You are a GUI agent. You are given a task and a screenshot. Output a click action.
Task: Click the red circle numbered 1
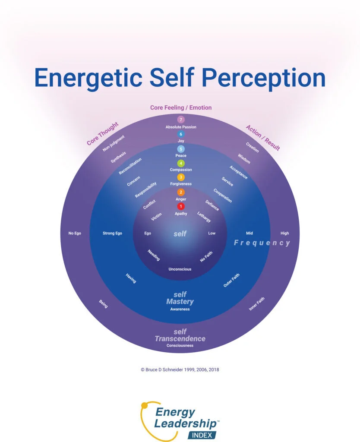[x=180, y=206]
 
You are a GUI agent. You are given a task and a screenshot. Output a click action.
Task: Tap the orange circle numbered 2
[x=180, y=192]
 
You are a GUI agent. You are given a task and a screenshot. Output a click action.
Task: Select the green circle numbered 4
[x=180, y=163]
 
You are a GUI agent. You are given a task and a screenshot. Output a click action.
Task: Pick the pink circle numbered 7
[x=180, y=120]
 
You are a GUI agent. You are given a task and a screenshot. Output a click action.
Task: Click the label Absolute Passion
[x=180, y=127]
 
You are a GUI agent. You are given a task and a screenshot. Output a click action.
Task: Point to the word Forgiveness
[x=180, y=184]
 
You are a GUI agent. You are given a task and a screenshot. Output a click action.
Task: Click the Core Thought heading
[x=102, y=134]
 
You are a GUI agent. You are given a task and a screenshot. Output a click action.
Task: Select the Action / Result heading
[x=262, y=138]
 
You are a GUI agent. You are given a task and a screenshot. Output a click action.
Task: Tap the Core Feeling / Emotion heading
[x=180, y=107]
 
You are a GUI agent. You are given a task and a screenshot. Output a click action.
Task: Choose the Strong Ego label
[x=112, y=234]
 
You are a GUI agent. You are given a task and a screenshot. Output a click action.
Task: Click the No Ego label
[x=75, y=234]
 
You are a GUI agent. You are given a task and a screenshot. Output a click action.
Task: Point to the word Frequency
[x=262, y=243]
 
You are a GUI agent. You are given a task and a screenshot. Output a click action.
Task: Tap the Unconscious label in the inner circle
[x=180, y=269]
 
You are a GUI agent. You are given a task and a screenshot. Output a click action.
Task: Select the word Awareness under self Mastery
[x=180, y=309]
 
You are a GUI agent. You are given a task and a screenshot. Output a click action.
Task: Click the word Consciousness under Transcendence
[x=180, y=346]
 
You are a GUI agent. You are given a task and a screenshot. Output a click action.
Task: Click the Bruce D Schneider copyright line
[x=180, y=369]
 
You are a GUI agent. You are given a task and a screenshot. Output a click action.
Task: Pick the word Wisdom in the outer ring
[x=244, y=158]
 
